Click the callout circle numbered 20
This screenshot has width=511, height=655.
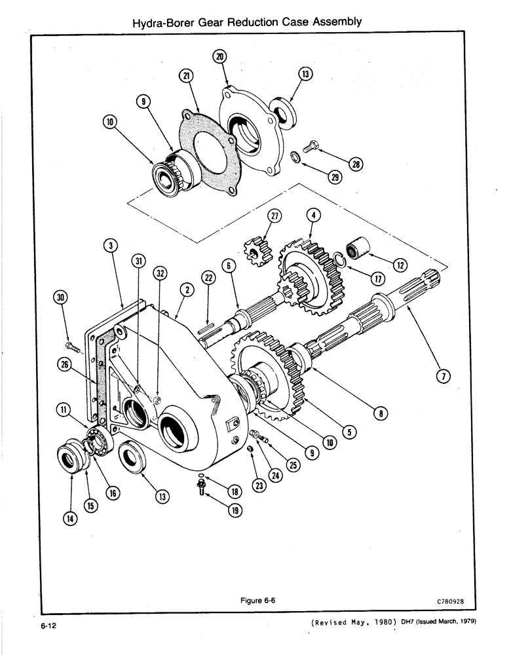(x=220, y=56)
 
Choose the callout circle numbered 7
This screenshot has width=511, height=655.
(x=443, y=377)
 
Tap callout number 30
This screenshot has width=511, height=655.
(x=61, y=298)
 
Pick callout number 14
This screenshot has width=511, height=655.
(x=70, y=517)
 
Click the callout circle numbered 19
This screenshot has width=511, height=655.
(x=232, y=512)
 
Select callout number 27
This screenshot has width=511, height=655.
(x=274, y=217)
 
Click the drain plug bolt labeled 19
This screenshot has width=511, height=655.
(x=202, y=487)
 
